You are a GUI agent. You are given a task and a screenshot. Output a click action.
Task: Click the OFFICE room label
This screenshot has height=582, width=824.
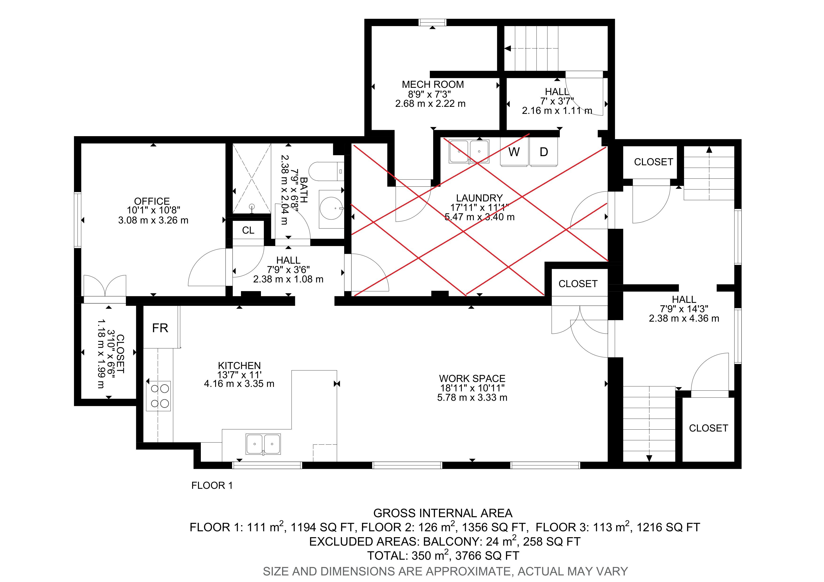pyautogui.click(x=152, y=201)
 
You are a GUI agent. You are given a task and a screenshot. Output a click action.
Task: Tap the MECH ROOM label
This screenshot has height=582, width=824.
pyautogui.click(x=433, y=85)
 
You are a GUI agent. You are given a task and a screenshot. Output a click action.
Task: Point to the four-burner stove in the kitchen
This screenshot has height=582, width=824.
pyautogui.click(x=158, y=396)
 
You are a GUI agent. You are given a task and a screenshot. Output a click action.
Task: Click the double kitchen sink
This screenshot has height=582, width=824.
pyautogui.click(x=263, y=444)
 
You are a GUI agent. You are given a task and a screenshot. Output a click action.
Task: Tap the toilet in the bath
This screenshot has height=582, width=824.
pyautogui.click(x=326, y=172)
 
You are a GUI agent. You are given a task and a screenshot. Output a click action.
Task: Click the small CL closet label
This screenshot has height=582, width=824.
pyautogui.click(x=248, y=230)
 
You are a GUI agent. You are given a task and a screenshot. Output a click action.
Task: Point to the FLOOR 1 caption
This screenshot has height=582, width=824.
pyautogui.click(x=212, y=486)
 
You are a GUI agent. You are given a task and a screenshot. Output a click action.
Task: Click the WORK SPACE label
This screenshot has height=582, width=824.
pyautogui.click(x=472, y=379)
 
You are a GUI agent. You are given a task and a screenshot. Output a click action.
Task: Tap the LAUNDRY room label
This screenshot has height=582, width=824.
pyautogui.click(x=479, y=198)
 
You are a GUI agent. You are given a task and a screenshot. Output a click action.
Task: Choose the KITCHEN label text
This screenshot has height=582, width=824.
pyautogui.click(x=239, y=366)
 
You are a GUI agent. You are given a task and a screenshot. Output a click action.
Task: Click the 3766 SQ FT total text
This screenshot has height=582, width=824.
pyautogui.click(x=487, y=556)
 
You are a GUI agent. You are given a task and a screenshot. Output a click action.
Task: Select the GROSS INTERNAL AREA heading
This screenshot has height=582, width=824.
pyautogui.click(x=443, y=513)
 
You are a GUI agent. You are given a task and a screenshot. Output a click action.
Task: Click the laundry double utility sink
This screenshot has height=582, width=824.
pyautogui.click(x=469, y=152)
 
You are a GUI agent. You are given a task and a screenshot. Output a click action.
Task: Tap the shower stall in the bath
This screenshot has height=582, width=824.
pyautogui.click(x=252, y=178)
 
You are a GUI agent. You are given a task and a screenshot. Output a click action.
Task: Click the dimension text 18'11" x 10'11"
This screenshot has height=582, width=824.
pyautogui.click(x=472, y=388)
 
